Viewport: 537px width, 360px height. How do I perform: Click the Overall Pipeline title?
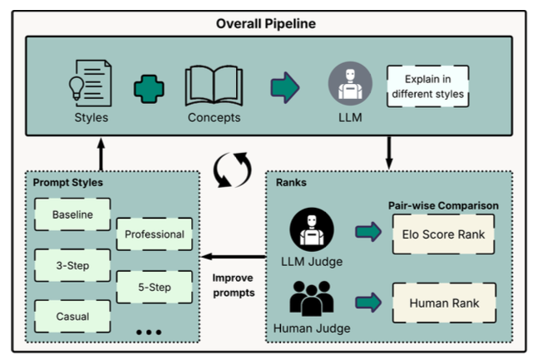point(266,23)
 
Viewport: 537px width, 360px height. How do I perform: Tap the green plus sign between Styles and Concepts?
point(149,89)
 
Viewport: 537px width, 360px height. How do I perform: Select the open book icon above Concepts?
point(214,86)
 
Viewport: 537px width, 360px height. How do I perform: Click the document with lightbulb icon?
point(90,83)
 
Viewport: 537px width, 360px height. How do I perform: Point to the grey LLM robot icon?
point(350,83)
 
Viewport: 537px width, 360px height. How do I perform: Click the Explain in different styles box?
point(428,86)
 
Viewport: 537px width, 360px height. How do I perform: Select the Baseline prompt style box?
point(72,215)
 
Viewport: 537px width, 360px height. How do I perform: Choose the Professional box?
point(155,234)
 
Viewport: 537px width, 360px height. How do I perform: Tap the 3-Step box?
point(72,265)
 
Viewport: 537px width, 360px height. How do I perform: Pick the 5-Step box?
point(155,287)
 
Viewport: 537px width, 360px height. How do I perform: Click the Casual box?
point(72,317)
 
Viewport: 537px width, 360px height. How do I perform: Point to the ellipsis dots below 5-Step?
point(149,332)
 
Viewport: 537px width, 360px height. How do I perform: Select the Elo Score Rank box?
point(444,234)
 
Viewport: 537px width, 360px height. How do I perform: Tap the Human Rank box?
point(444,303)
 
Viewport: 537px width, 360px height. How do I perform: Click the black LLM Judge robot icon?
point(312,229)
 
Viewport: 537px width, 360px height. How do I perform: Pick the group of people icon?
point(311,298)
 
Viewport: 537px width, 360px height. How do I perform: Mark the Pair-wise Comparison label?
point(443,205)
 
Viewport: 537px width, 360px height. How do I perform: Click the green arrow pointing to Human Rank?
point(368,303)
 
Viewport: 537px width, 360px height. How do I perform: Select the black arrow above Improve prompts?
point(234,256)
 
